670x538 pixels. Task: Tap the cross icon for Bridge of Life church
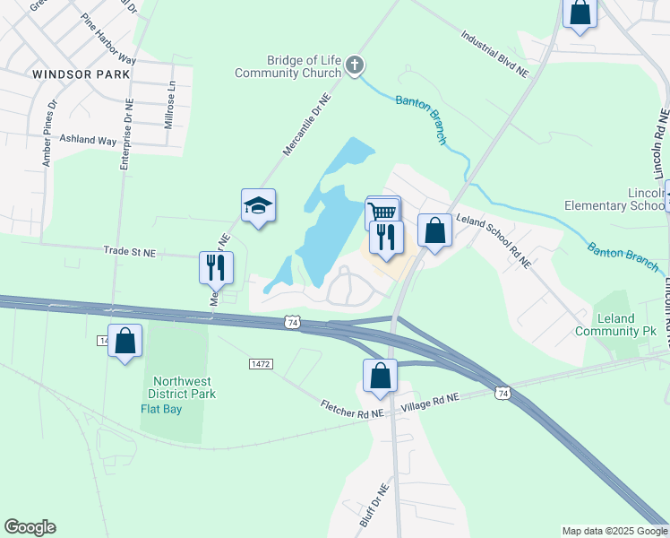[x=355, y=65]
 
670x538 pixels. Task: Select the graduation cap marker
[x=258, y=206]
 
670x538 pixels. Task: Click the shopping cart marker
[x=382, y=213]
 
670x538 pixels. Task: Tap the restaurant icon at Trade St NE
[x=216, y=267]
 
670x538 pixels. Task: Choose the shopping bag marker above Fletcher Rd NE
[x=380, y=377]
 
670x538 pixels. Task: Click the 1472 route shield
[x=261, y=364]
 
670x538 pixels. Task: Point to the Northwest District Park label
[x=185, y=386]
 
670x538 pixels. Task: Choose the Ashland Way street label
[x=88, y=141]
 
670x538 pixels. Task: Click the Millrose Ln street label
[x=168, y=106]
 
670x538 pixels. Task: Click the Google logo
[x=30, y=527]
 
